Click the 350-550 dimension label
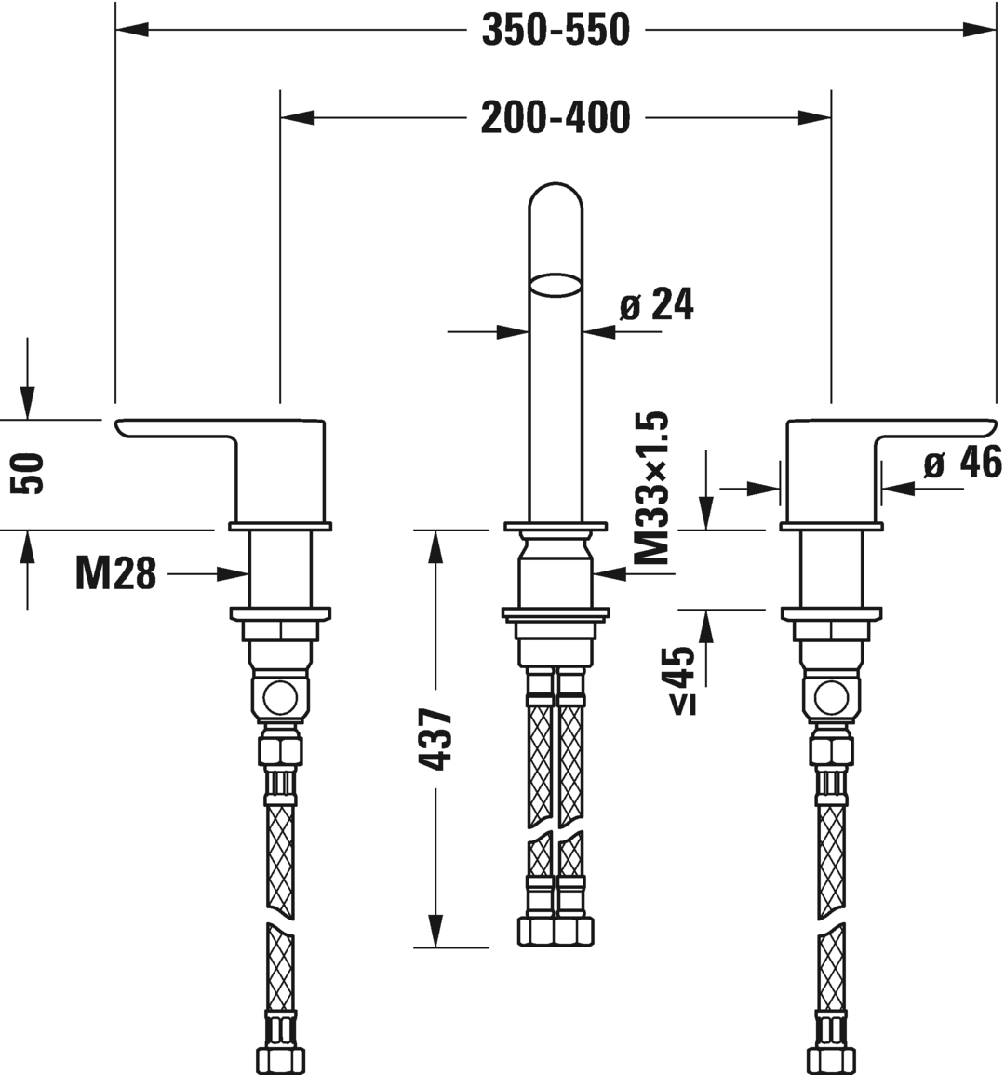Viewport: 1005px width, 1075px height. click(x=555, y=31)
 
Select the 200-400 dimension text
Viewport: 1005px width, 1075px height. click(x=555, y=118)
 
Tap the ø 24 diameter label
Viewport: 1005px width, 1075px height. click(x=657, y=304)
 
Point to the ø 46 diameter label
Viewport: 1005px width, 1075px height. click(x=962, y=463)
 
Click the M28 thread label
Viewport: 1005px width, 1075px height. click(x=115, y=574)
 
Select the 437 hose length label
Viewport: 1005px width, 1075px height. click(x=435, y=740)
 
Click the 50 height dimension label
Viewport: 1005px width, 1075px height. click(x=33, y=473)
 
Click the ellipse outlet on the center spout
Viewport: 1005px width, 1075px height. click(x=556, y=285)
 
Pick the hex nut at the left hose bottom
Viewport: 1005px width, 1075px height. click(x=279, y=1059)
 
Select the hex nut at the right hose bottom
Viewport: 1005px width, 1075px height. click(x=830, y=1059)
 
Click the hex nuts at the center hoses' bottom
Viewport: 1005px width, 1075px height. click(x=555, y=931)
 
